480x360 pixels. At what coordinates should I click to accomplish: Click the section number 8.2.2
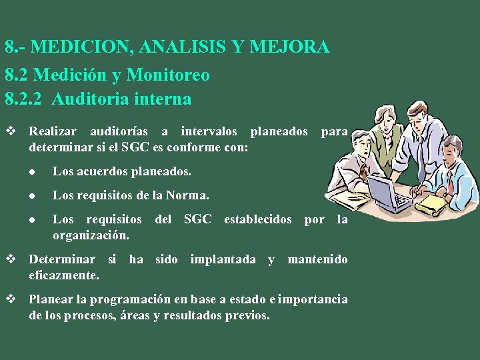pos(25,99)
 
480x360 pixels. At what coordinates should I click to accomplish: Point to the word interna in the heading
pos(162,99)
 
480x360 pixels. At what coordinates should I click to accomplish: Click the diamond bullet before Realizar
pos(10,132)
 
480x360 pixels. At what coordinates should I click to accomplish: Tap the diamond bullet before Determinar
pos(10,259)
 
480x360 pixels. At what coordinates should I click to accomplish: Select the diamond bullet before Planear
pos(10,299)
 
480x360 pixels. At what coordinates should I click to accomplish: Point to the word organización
pos(91,235)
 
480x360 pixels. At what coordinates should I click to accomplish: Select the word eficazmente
pos(64,275)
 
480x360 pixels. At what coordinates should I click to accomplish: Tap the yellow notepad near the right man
pos(433,203)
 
